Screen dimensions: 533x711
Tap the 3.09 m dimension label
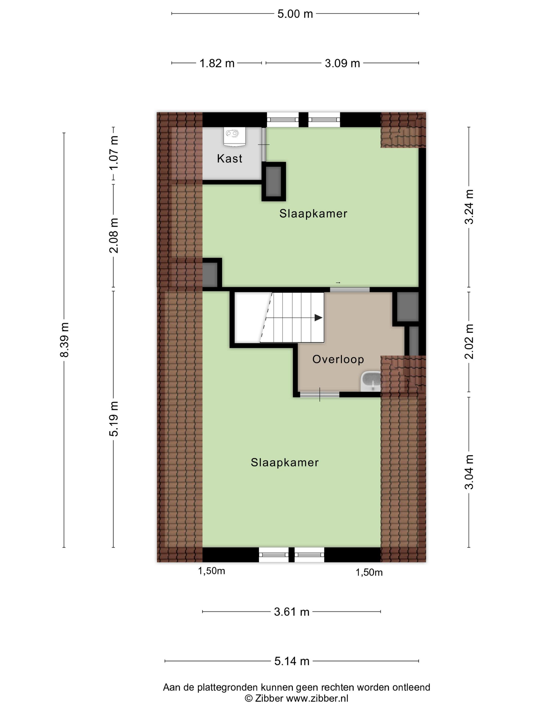click(342, 63)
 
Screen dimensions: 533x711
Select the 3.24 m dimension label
click(469, 207)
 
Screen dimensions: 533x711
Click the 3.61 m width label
click(291, 612)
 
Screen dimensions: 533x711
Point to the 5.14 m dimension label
click(292, 661)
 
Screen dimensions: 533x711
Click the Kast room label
click(229, 158)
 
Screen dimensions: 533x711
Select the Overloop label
click(338, 359)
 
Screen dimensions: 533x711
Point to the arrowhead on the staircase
click(318, 318)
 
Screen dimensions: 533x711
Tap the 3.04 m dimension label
click(469, 472)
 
